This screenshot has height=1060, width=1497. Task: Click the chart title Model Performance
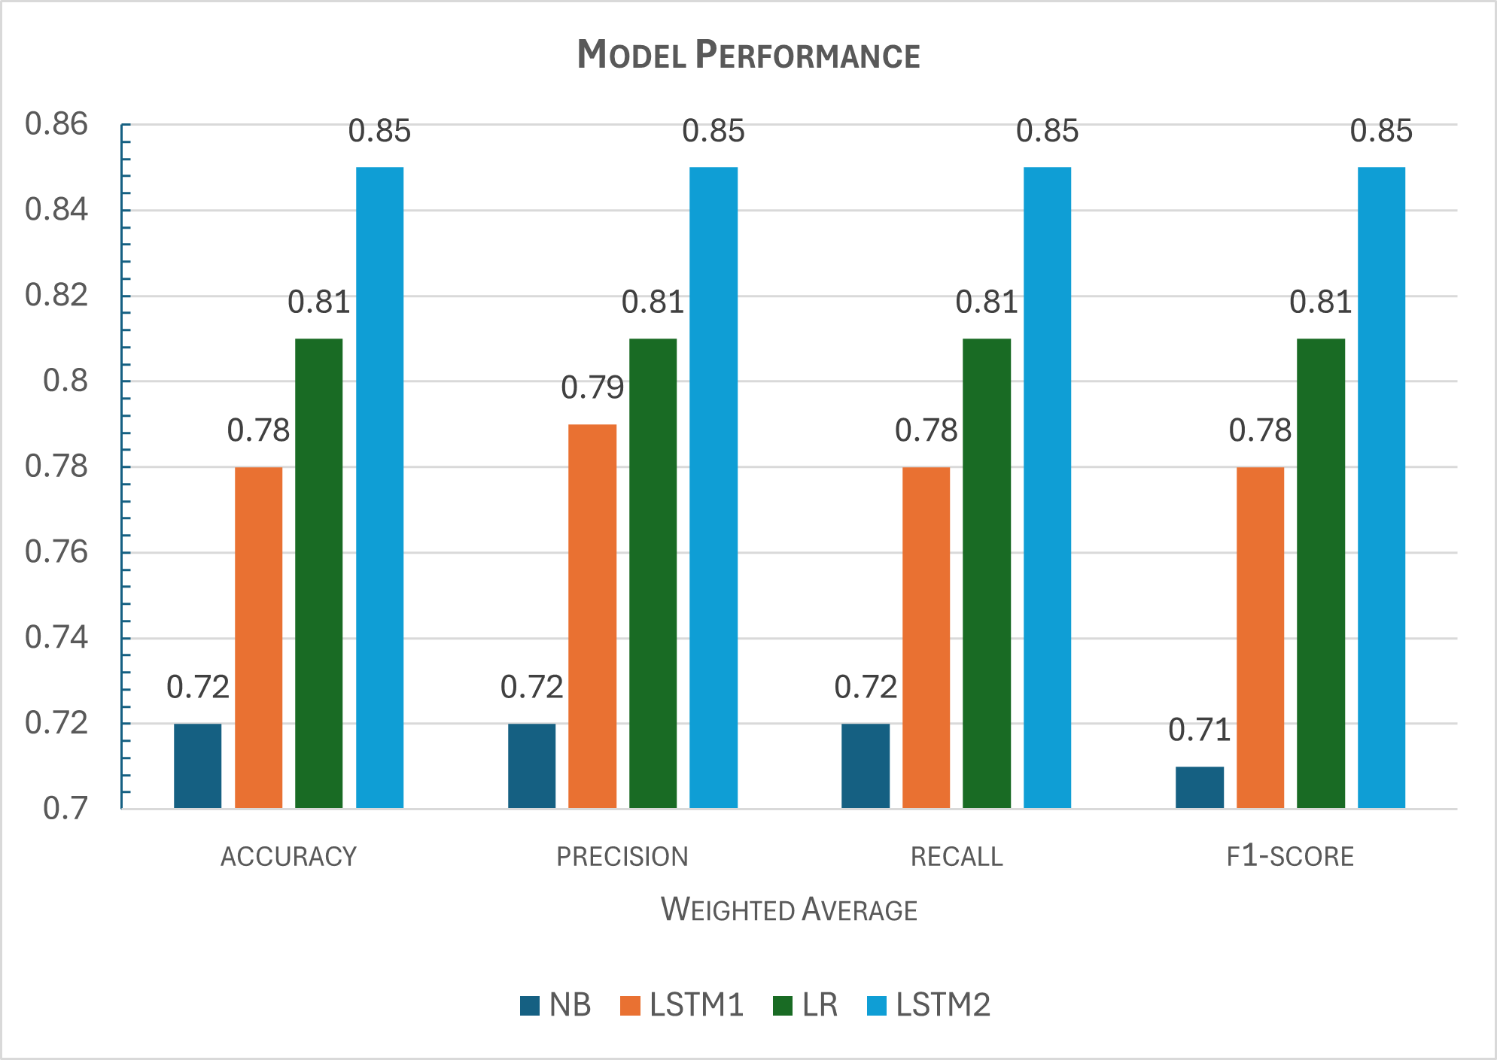(748, 55)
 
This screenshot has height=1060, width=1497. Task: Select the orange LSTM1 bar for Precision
(592, 617)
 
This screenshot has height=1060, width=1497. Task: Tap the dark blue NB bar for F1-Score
(1200, 788)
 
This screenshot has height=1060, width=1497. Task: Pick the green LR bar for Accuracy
(319, 573)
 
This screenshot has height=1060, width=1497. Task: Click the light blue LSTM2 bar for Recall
(1047, 487)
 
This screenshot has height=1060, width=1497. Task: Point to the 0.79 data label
(592, 388)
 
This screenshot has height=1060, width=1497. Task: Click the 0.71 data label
(1200, 730)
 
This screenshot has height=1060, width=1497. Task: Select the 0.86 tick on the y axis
(56, 124)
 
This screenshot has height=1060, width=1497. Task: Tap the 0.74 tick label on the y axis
(56, 638)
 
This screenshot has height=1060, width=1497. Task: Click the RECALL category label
(957, 857)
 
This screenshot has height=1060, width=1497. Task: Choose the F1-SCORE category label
(1290, 857)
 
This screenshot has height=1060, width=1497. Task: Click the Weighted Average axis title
(789, 910)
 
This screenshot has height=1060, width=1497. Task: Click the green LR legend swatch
(783, 1006)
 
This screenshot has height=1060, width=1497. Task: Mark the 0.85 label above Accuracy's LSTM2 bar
(379, 132)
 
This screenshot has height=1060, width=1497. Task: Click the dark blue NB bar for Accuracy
(198, 766)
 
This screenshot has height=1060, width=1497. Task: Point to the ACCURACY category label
(288, 857)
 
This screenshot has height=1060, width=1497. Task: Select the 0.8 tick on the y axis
(65, 381)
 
